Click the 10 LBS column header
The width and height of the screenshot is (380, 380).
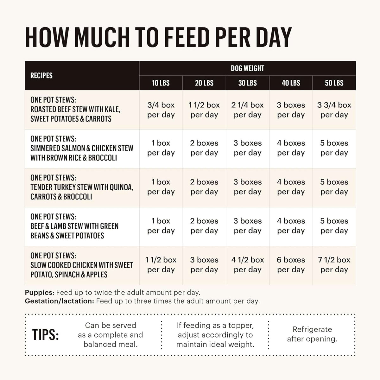[x=161, y=83]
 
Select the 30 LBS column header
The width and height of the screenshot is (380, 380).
[x=247, y=83]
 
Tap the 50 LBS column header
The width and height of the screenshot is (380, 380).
[x=334, y=83]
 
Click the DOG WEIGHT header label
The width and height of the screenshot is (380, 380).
[x=247, y=68]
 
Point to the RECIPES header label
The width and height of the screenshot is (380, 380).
[x=41, y=76]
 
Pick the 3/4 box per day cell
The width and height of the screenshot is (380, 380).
[x=161, y=110]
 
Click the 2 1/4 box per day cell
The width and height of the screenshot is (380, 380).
[x=247, y=110]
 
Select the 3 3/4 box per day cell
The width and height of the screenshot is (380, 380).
[x=334, y=110]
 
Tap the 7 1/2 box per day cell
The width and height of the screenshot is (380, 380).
[x=334, y=265]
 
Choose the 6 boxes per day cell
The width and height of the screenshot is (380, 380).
[x=291, y=265]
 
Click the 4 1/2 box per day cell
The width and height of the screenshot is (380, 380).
[x=247, y=265]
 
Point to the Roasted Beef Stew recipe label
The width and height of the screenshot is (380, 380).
[x=75, y=110]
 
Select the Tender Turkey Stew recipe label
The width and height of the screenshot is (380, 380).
[x=82, y=187]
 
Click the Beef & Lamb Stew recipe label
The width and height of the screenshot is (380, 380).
[x=74, y=226]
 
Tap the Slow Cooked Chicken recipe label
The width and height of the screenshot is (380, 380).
[x=82, y=265]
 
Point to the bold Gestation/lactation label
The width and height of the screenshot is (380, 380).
[x=59, y=301]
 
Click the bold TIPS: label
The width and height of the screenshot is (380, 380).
[x=46, y=335]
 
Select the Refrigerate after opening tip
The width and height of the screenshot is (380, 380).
[x=312, y=334]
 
